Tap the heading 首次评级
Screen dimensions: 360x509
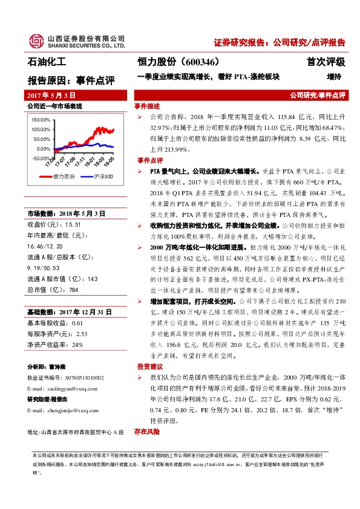pyautogui.click(x=326, y=62)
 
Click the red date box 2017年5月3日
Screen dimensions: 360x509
pyautogui.click(x=53, y=96)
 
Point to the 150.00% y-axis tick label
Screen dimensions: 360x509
pyautogui.click(x=39, y=120)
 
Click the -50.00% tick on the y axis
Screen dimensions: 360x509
pyautogui.click(x=39, y=158)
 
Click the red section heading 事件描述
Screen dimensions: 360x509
pyautogui.click(x=147, y=105)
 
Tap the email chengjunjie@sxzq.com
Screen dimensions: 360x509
pyautogui.click(x=64, y=410)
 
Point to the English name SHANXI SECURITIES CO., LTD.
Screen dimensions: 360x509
pyautogui.click(x=87, y=45)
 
